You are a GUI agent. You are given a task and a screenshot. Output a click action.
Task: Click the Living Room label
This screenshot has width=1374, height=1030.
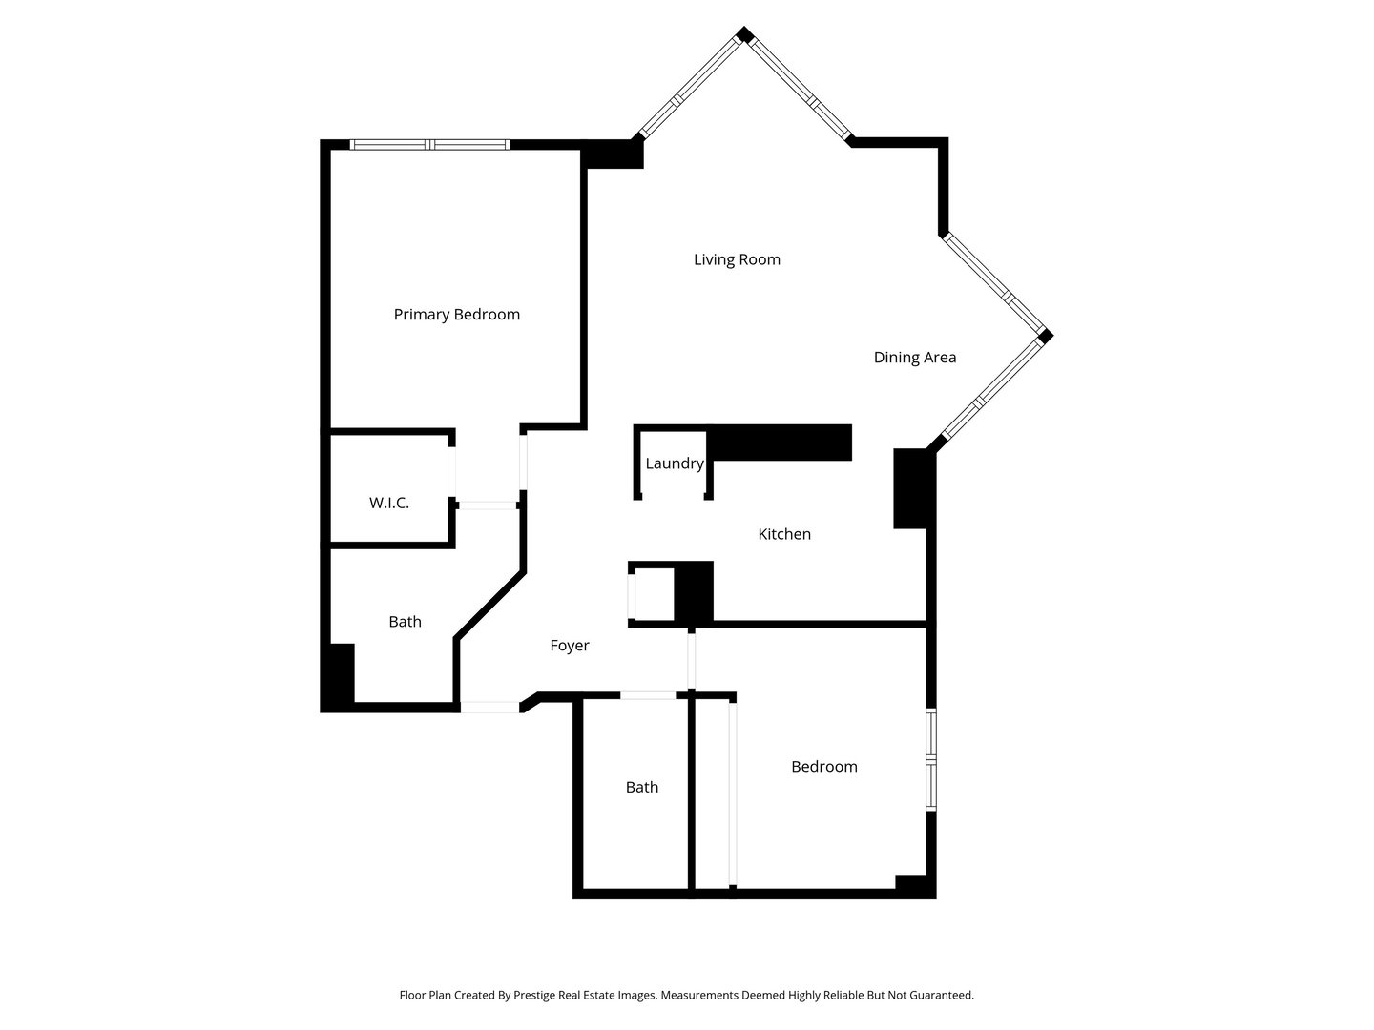[x=737, y=259]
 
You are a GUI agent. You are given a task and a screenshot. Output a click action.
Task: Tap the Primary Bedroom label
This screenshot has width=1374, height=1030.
[x=456, y=315]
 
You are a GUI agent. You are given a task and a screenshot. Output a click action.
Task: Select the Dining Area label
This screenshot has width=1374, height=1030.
[x=914, y=358]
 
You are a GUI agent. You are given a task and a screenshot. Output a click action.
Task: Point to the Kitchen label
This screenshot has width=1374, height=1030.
[x=783, y=534]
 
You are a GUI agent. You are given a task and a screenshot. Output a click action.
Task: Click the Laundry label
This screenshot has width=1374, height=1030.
[x=674, y=463]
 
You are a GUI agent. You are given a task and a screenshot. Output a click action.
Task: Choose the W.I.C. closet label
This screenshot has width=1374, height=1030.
[x=388, y=503]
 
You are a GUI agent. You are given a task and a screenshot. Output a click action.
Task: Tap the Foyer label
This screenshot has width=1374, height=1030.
[x=569, y=646]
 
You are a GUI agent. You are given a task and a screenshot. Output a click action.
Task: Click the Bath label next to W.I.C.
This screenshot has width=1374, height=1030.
[x=405, y=622]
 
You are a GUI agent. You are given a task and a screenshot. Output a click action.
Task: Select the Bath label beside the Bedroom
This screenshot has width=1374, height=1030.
[x=641, y=788]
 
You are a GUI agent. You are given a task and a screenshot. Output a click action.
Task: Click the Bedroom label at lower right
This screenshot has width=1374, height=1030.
[x=823, y=767]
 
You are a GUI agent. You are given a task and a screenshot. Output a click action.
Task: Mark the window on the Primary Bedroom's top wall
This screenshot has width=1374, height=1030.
[x=429, y=145]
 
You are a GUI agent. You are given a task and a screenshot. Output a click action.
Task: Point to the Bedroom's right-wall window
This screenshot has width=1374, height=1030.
[x=931, y=759]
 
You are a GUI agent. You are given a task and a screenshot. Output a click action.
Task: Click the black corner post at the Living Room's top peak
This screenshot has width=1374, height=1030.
[x=744, y=35]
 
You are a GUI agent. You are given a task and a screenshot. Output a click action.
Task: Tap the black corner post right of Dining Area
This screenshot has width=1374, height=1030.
[x=1045, y=336]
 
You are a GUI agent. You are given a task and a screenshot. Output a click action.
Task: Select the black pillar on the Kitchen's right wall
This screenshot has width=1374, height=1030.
[x=909, y=487]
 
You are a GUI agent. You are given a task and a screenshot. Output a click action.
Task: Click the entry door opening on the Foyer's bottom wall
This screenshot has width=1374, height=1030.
[x=490, y=708]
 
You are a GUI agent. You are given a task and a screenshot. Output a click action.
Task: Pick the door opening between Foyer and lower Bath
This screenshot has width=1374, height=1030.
[x=648, y=695]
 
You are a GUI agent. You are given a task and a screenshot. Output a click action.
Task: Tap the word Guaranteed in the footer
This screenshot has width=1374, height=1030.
[x=940, y=995]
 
